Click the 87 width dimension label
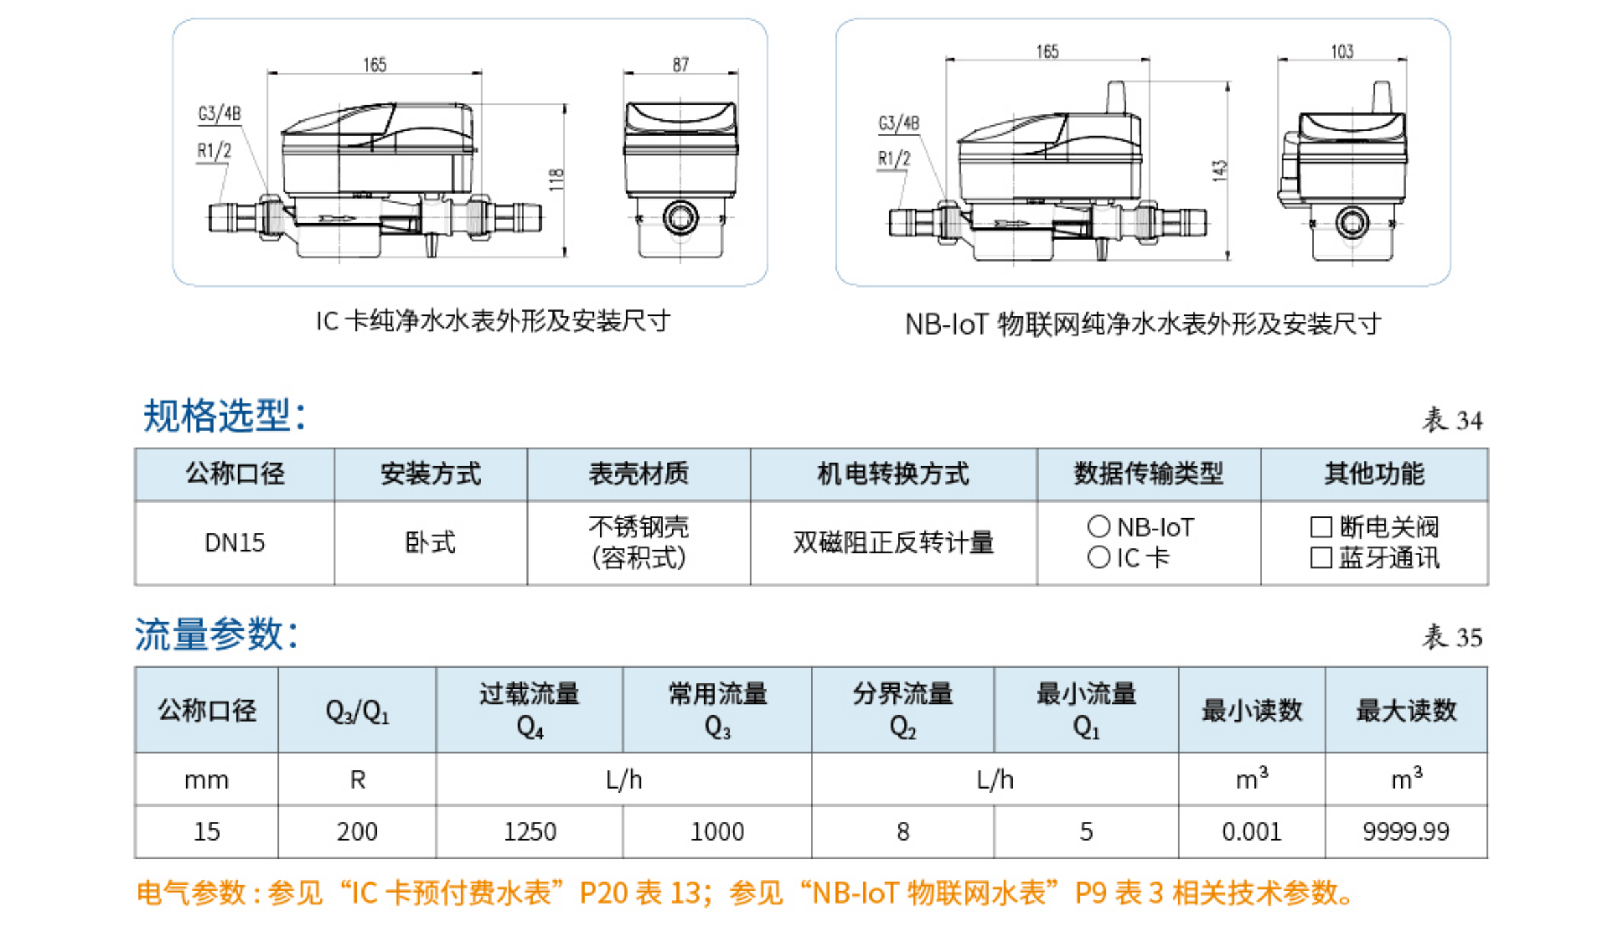tap(680, 64)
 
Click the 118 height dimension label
tap(557, 179)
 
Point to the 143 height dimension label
tap(1219, 170)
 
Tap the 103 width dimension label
tap(1342, 51)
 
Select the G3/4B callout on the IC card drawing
tap(219, 114)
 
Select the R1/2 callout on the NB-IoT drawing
tap(894, 159)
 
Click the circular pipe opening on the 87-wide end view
tap(681, 218)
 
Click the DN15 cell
tap(234, 543)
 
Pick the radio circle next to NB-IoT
tap(1098, 526)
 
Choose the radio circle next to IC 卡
tap(1098, 557)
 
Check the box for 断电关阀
tap(1321, 527)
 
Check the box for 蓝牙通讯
tap(1321, 558)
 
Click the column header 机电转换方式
tap(893, 474)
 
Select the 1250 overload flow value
tap(529, 832)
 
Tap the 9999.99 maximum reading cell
tap(1406, 832)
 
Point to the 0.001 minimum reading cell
tap(1251, 832)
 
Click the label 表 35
tap(1451, 637)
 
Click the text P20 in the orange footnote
tap(603, 893)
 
